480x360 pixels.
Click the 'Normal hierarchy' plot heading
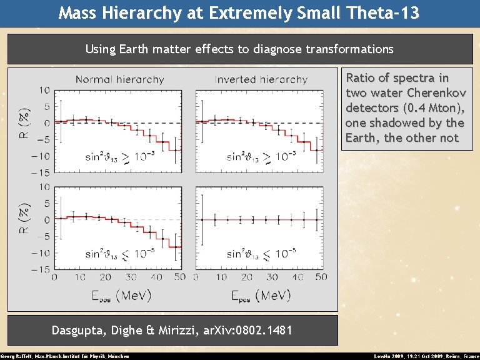pyautogui.click(x=119, y=80)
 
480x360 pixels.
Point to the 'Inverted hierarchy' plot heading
pyautogui.click(x=261, y=80)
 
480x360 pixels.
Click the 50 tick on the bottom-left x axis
pyautogui.click(x=179, y=277)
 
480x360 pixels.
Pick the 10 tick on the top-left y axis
pyautogui.click(x=44, y=90)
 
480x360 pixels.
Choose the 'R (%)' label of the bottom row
pyautogui.click(x=23, y=220)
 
